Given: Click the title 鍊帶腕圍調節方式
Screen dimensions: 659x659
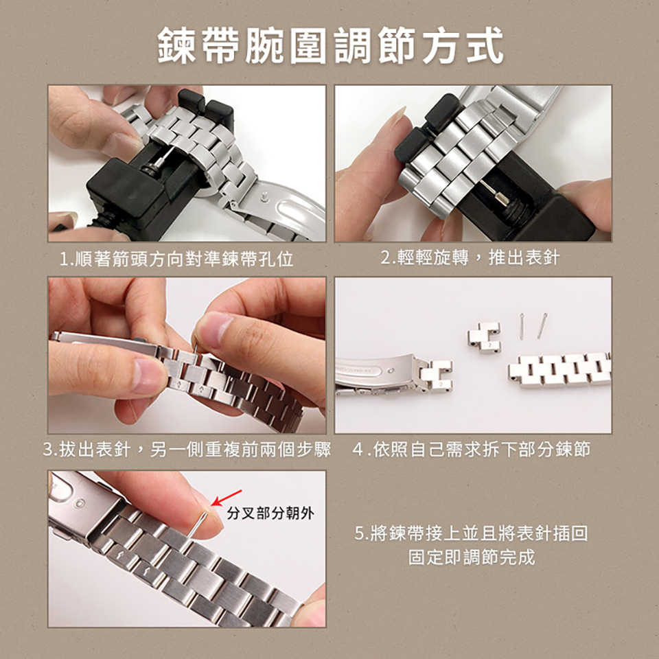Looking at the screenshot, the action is coord(330,45).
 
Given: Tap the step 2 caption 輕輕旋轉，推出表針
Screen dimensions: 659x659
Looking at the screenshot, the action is coord(470,257).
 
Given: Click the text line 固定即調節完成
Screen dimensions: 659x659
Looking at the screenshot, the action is coord(472,557).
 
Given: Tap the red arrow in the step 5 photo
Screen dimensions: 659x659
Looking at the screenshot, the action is coord(227,498).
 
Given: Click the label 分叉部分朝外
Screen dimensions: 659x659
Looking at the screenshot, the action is coord(270,513).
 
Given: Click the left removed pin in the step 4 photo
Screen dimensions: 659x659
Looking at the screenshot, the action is coord(521,326).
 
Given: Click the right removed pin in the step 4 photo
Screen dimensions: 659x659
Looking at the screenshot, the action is coord(542,325).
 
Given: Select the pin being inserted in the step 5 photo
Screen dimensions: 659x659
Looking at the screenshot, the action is coord(197,525).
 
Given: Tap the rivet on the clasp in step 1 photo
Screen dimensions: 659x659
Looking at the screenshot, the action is coord(264,196).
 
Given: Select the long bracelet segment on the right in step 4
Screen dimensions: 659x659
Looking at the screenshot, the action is coord(559,369).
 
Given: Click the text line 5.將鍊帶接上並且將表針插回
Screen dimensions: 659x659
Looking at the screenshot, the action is coord(471,533).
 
